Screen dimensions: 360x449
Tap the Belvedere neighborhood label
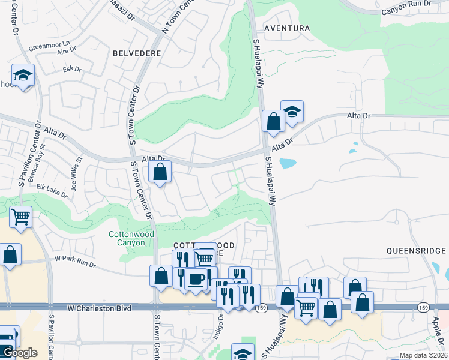click(136, 53)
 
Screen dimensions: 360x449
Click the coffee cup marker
click(196, 279)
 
